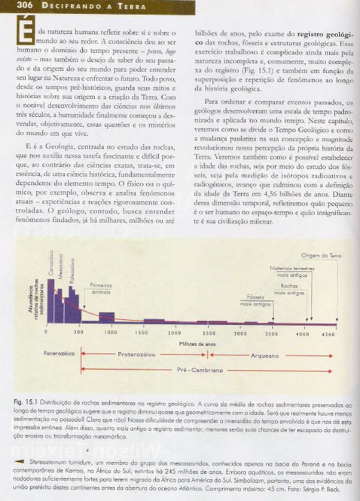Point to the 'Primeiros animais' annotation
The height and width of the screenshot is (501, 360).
click(102, 289)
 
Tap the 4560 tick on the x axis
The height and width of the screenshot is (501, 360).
click(328, 333)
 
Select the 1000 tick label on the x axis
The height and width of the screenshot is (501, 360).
click(110, 333)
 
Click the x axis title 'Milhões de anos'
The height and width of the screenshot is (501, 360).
click(198, 344)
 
